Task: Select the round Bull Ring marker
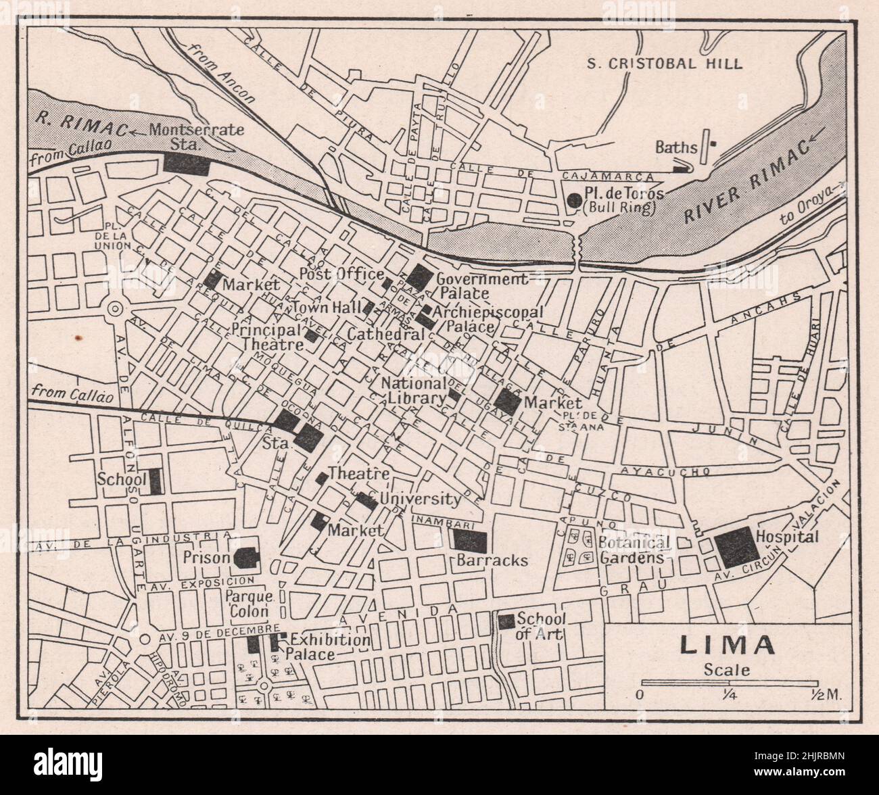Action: [574, 199]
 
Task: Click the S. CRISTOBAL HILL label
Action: [664, 64]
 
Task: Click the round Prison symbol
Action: [245, 558]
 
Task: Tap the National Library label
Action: [413, 390]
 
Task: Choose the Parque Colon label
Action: [249, 604]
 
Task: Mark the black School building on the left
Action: [155, 481]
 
